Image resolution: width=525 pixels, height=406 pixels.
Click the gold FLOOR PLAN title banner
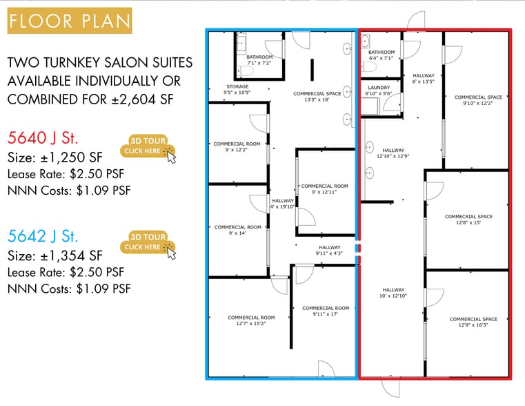coord(70,21)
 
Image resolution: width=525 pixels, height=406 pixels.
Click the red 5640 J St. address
coord(43,137)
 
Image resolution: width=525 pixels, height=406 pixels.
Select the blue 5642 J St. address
coord(43,236)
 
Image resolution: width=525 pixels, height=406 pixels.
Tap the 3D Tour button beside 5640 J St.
coord(148,146)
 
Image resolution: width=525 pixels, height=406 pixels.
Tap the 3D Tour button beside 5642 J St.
coord(148,242)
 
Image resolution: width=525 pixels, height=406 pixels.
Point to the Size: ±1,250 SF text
coord(55,157)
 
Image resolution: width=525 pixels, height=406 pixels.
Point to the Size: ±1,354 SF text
coord(55,256)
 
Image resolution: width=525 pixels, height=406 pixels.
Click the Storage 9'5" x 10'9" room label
coord(237,90)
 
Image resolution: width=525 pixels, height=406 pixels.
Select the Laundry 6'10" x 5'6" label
coord(379,90)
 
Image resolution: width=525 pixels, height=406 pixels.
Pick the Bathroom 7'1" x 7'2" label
coord(259,60)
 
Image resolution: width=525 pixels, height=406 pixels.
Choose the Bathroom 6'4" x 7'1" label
coord(382,55)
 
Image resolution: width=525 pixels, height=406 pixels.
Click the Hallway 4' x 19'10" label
coord(283,204)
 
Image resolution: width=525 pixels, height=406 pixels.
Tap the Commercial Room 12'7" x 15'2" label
coord(251,320)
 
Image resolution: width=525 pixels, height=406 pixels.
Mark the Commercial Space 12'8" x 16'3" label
coord(473,322)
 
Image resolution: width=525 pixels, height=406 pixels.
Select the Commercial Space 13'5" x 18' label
coord(317,97)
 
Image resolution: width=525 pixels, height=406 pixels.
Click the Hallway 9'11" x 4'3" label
coord(330,250)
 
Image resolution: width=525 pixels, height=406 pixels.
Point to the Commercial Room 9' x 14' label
coord(237,230)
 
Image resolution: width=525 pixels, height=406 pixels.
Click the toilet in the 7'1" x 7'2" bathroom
coord(246,71)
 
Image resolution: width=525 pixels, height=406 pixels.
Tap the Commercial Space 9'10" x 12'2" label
coord(478,100)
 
